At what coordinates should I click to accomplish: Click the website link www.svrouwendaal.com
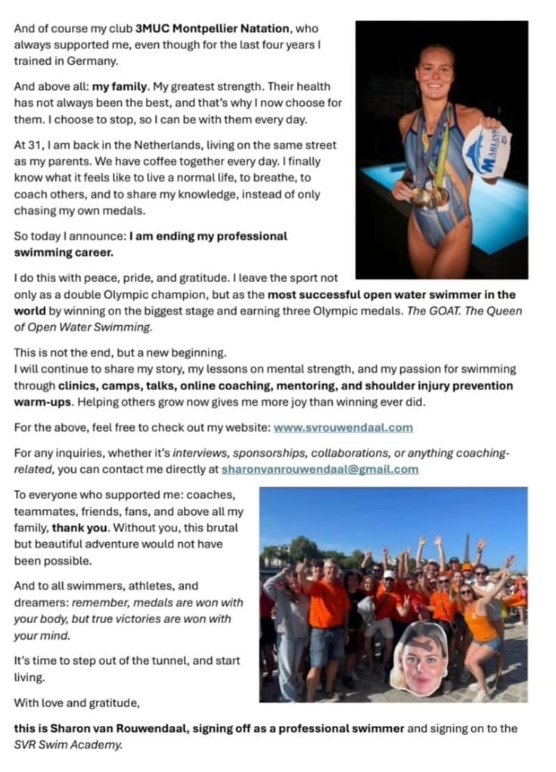[x=343, y=427]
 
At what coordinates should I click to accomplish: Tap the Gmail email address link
[x=320, y=469]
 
